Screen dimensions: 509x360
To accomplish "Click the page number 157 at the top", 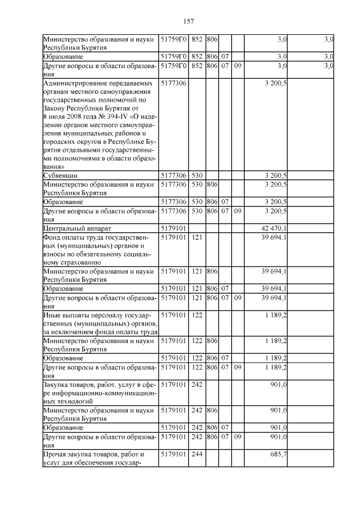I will [x=188, y=21].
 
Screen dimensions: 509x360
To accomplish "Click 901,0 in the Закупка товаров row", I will [x=278, y=385].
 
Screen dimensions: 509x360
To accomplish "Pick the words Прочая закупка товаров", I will [x=88, y=454].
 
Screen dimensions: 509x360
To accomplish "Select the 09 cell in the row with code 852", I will [x=237, y=66].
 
